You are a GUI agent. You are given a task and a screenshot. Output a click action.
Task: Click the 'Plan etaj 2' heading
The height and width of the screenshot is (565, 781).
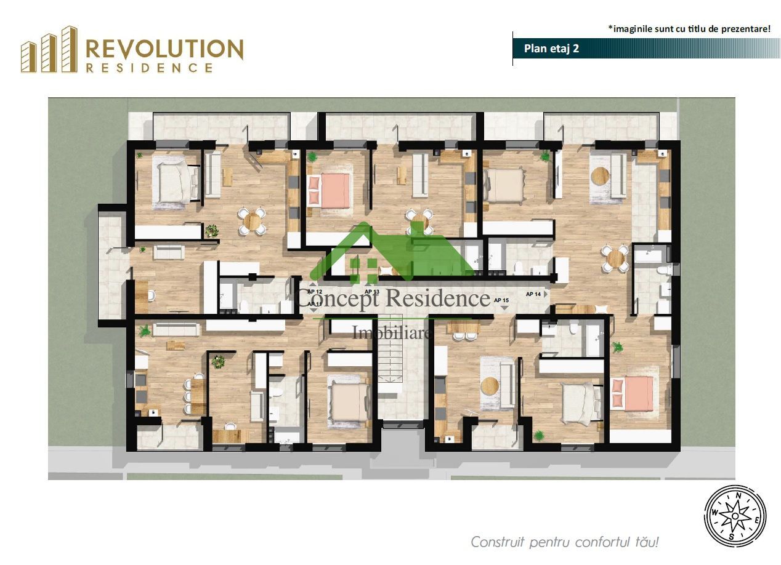point(551,49)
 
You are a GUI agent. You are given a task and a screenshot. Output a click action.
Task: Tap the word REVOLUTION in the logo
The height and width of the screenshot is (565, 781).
point(164,49)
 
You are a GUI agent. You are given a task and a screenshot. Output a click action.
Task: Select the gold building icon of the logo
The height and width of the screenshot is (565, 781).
point(49,50)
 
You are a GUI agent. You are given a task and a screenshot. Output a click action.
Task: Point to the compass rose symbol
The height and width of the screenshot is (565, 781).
point(735,513)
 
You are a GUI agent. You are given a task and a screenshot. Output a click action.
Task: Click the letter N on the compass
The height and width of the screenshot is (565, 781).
point(738,494)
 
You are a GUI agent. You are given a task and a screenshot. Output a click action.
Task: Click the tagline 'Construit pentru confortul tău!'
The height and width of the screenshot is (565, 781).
point(565,542)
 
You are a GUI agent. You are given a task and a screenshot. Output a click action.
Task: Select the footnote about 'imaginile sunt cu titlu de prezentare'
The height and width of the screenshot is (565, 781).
point(689,28)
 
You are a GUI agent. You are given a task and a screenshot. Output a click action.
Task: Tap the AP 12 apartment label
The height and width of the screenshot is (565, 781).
point(315,292)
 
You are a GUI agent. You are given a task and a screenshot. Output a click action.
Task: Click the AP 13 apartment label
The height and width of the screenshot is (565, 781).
point(371,292)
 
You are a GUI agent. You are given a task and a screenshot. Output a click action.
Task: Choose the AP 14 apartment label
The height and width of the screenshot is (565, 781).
point(534,294)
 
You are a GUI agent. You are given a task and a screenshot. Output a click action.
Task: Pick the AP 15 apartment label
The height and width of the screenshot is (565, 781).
point(501,300)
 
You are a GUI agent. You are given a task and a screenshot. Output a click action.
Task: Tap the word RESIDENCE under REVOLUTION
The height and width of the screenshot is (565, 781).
point(149,68)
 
